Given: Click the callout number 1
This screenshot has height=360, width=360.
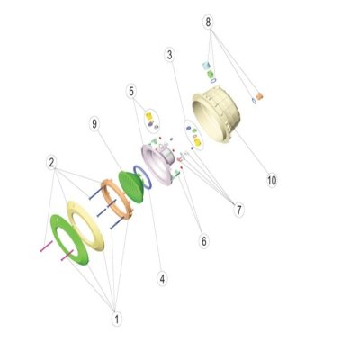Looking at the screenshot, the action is [117, 319].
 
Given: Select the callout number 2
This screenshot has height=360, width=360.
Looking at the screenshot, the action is [52, 163].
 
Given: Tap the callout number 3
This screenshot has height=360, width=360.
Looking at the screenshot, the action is [170, 55].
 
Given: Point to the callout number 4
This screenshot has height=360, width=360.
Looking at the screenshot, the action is [162, 279].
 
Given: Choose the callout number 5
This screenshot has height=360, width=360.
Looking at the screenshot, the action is [131, 92].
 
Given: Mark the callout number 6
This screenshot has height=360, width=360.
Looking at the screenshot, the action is [204, 241].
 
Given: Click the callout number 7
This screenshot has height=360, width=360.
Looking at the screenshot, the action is [238, 211].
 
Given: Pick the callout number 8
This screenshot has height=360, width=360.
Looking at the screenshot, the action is [208, 22].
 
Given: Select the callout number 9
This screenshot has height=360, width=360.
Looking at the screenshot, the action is [94, 124].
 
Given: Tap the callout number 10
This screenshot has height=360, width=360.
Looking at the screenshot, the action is [272, 181].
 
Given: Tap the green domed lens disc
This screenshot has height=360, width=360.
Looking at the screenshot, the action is [131, 187].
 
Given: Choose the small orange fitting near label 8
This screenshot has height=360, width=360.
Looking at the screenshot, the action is [259, 96].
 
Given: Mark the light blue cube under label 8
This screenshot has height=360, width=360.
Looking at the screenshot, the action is [206, 66].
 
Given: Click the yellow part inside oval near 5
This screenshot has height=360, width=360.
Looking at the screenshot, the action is [149, 116].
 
